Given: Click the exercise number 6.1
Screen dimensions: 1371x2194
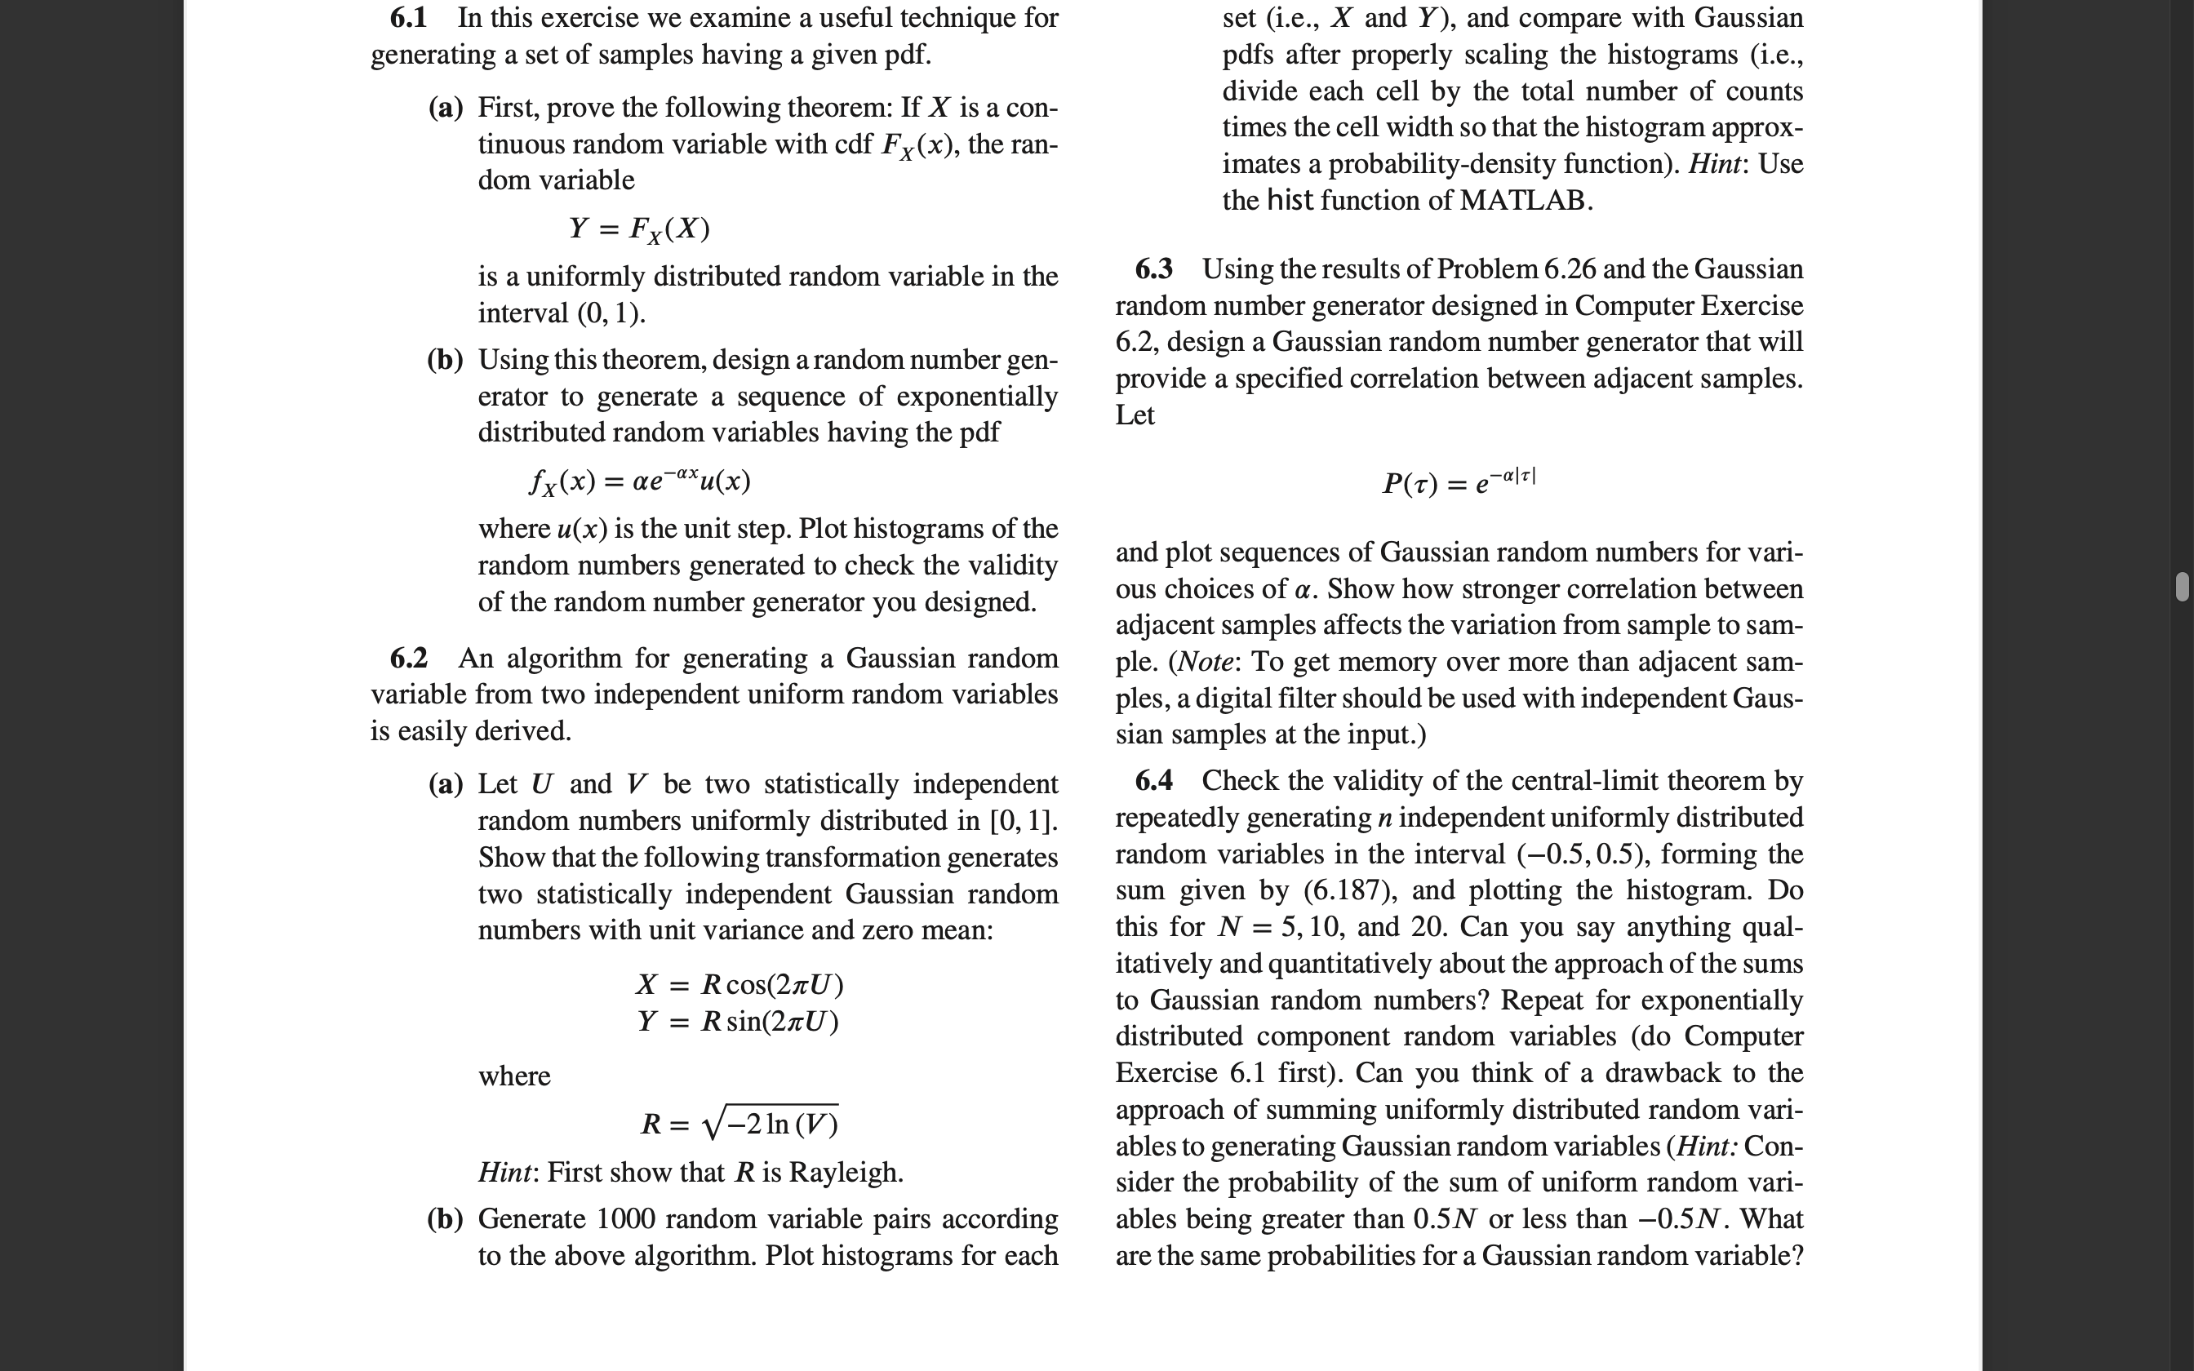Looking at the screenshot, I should click(408, 18).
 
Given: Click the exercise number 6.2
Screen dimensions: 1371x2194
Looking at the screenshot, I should click(408, 659).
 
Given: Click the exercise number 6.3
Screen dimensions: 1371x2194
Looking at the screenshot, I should click(1153, 269).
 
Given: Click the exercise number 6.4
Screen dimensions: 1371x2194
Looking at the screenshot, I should click(1153, 781).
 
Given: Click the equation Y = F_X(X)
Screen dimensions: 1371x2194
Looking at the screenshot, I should click(639, 228).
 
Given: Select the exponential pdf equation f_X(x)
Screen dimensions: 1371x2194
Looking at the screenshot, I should click(639, 480).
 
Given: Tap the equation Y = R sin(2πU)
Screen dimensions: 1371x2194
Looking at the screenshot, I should click(737, 1022).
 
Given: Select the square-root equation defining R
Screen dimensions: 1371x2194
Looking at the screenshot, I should click(739, 1125).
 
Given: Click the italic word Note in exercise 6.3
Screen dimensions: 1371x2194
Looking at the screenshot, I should click(1205, 662).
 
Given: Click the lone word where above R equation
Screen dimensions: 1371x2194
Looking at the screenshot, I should click(514, 1076).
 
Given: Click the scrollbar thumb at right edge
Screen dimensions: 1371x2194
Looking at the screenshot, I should click(2183, 587).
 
